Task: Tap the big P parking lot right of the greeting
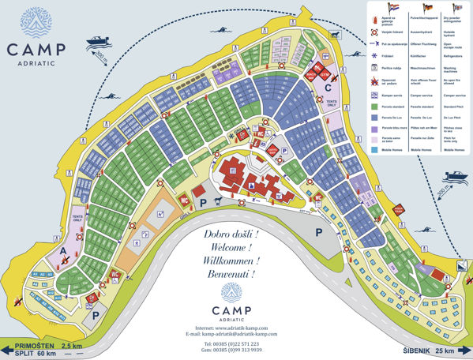(x=319, y=233)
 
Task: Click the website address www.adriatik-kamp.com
(x=241, y=327)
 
